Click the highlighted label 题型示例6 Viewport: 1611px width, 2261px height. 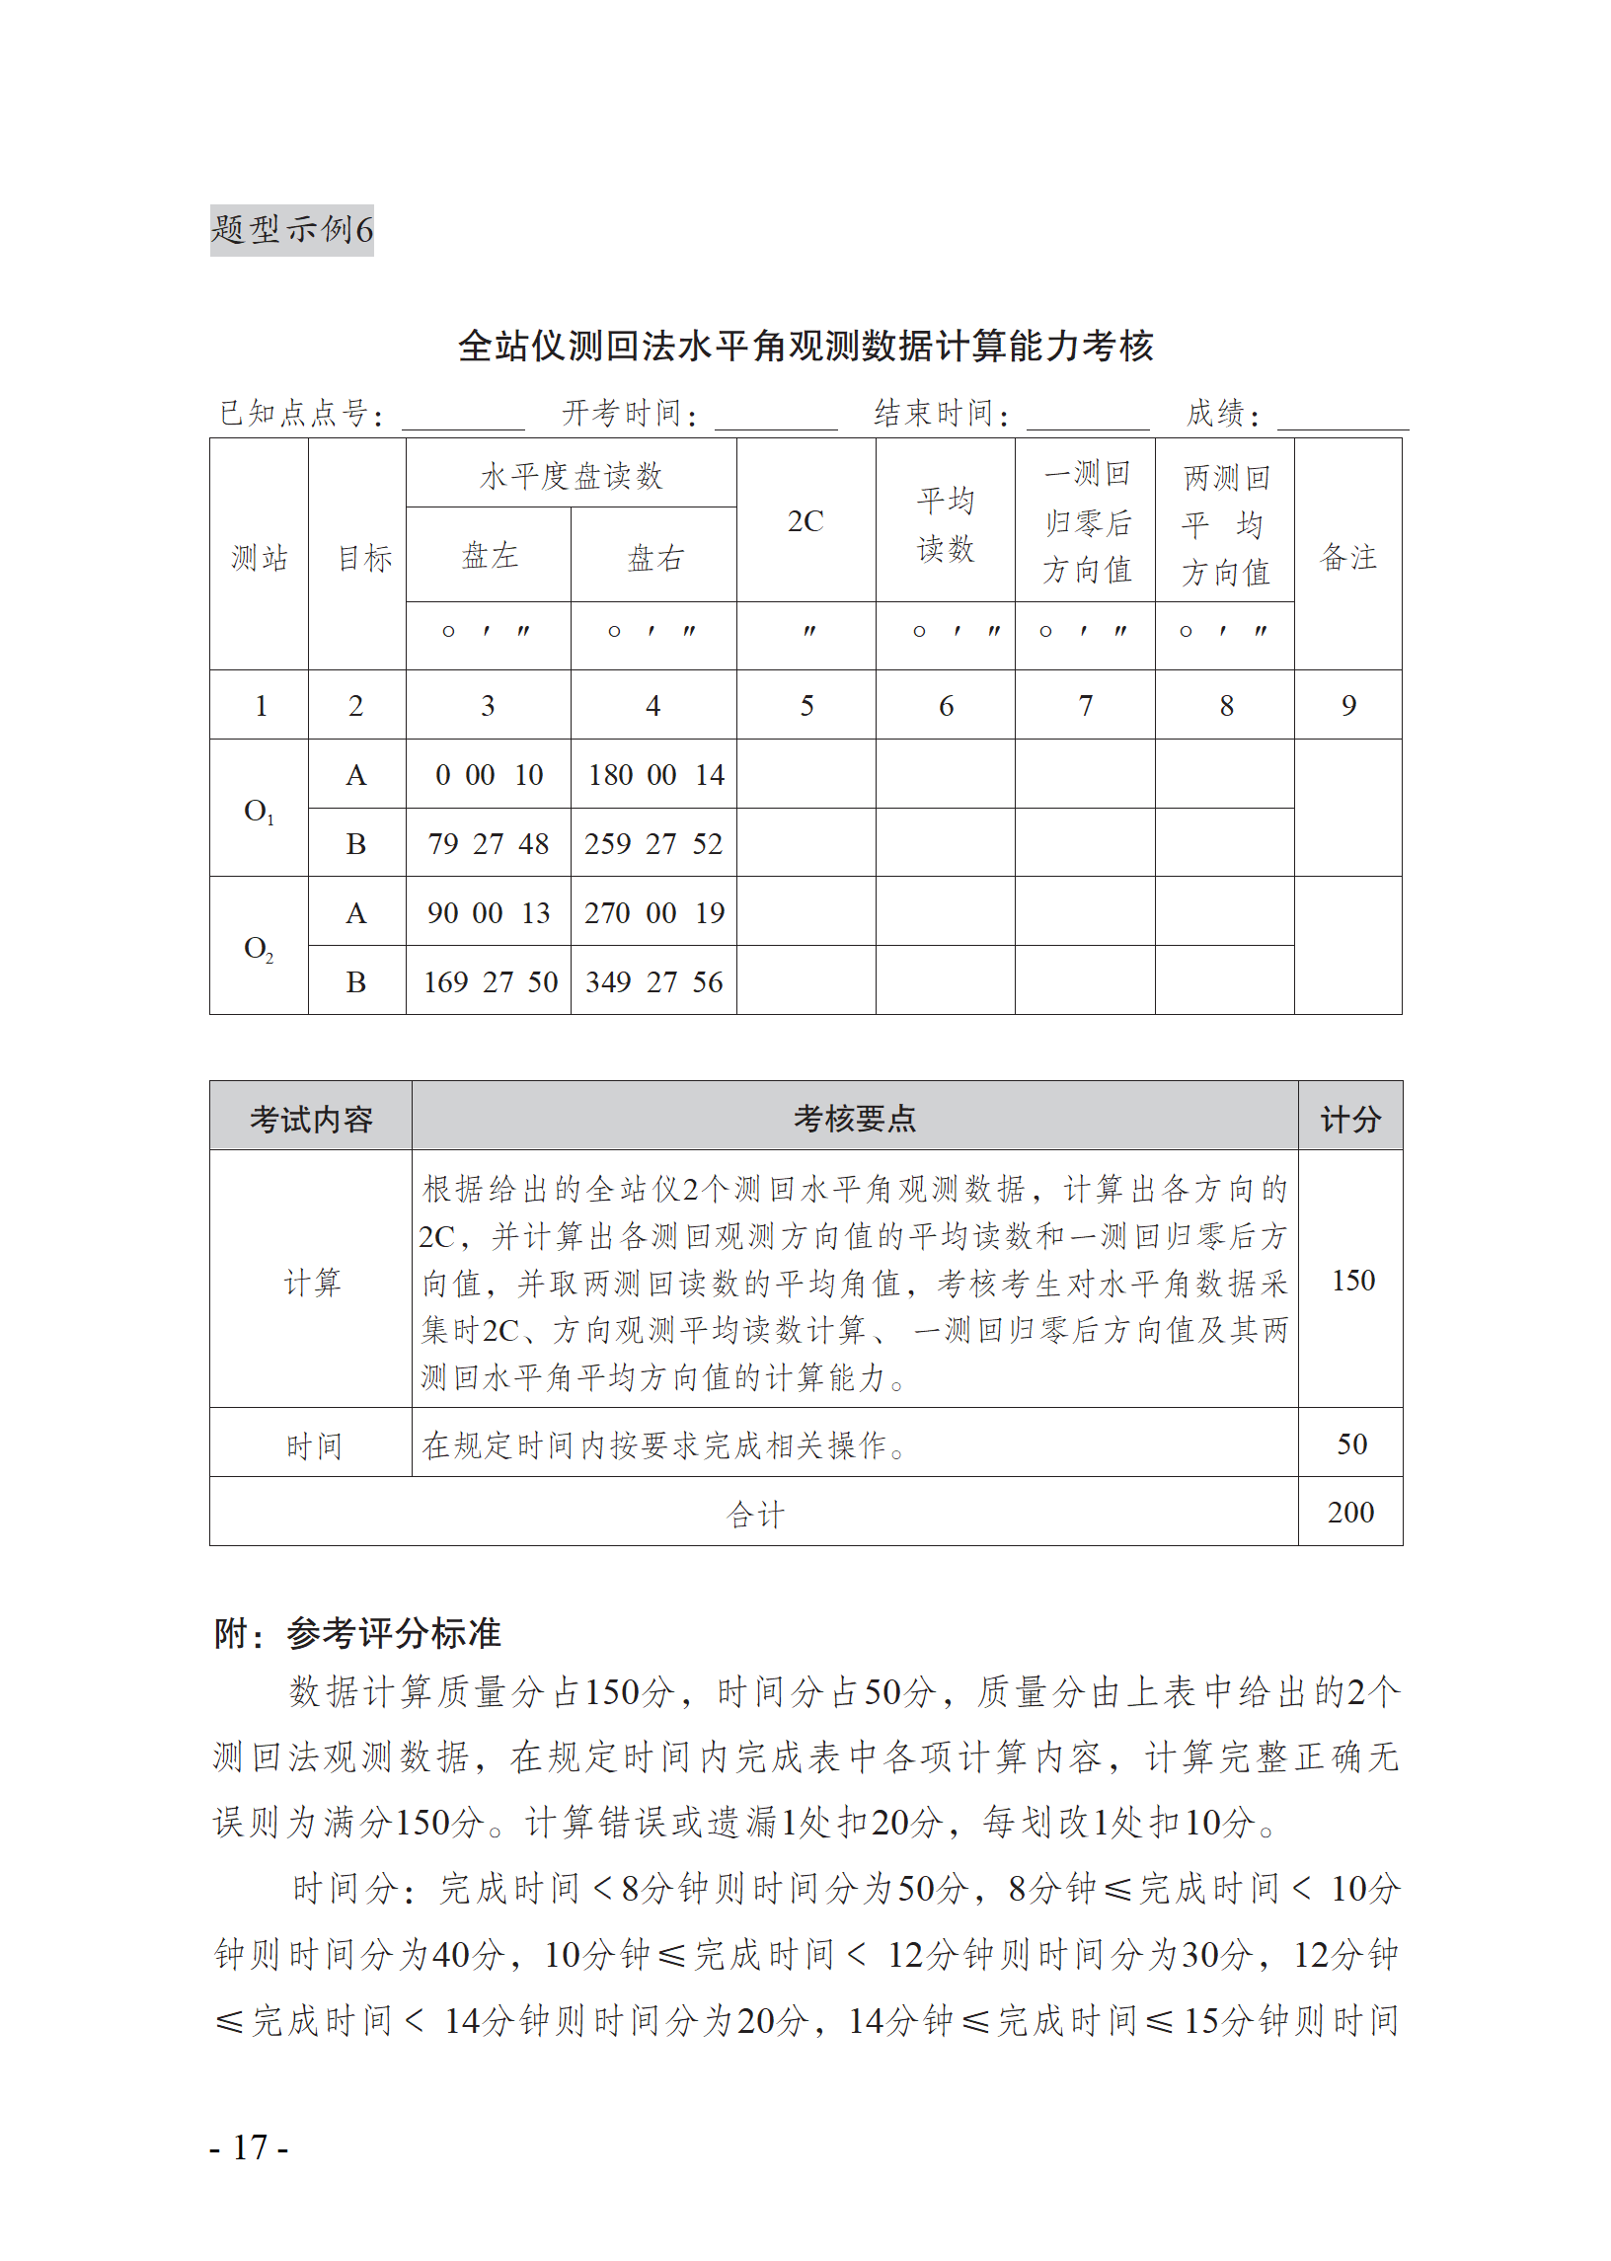pyautogui.click(x=291, y=230)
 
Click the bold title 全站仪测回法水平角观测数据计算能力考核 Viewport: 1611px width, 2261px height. pyautogui.click(x=805, y=346)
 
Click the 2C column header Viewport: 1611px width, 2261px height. pyautogui.click(x=805, y=521)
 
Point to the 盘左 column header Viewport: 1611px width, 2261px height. pyautogui.click(x=489, y=556)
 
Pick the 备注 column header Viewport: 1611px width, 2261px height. pyautogui.click(x=1348, y=557)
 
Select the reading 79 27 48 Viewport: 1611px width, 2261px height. pyautogui.click(x=488, y=844)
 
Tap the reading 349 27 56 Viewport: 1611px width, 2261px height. pyautogui.click(x=653, y=982)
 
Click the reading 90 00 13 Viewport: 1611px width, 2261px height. pyautogui.click(x=488, y=912)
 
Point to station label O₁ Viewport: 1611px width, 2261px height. pyautogui.click(x=258, y=811)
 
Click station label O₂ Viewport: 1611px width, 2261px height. pyautogui.click(x=258, y=949)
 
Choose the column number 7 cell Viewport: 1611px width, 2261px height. pyautogui.click(x=1085, y=705)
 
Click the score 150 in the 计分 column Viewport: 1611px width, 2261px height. pyautogui.click(x=1352, y=1280)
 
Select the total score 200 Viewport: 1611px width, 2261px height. pyautogui.click(x=1350, y=1512)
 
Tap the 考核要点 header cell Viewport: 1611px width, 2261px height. pyautogui.click(x=854, y=1118)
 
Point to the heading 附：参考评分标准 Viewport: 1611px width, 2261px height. pyautogui.click(x=358, y=1633)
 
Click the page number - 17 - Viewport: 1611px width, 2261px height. pyautogui.click(x=249, y=2147)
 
